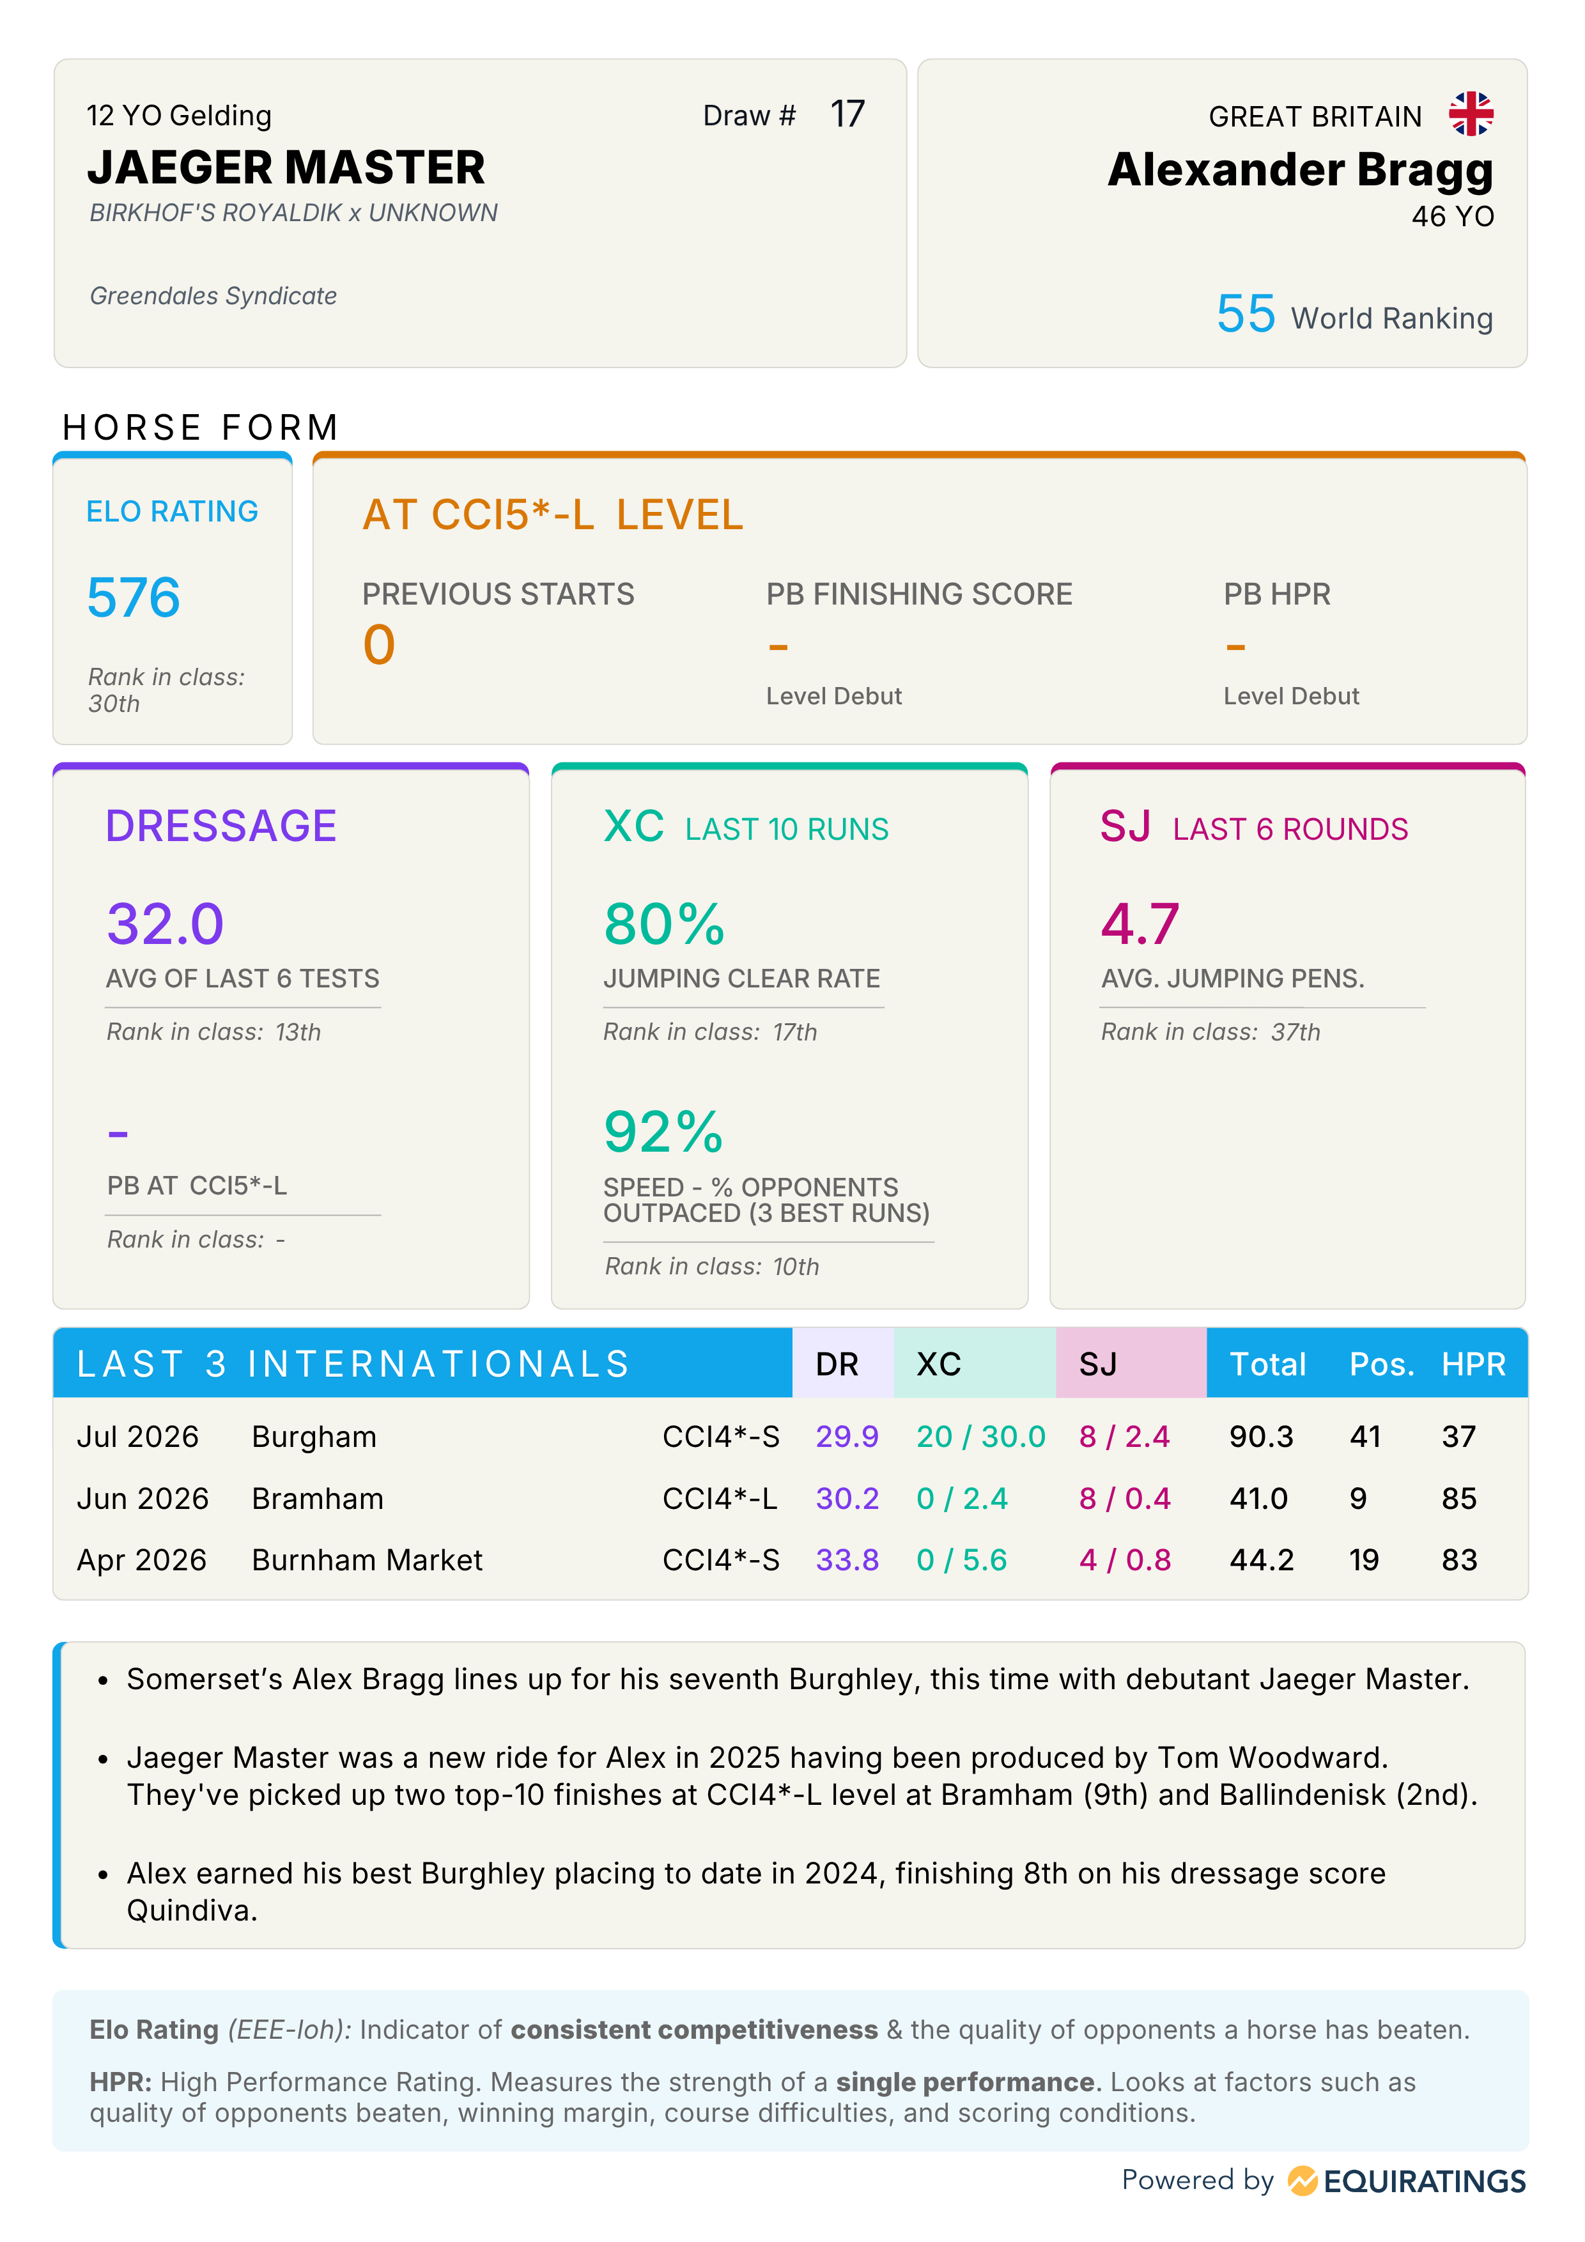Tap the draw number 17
[x=847, y=114]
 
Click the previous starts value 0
[x=379, y=646]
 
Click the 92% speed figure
[x=664, y=1132]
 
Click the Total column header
[x=1267, y=1364]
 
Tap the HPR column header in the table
[x=1474, y=1364]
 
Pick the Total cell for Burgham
[x=1261, y=1437]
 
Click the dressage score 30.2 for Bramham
[x=847, y=1498]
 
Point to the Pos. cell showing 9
[x=1358, y=1498]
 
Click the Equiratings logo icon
[x=1302, y=2181]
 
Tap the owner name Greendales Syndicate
[x=213, y=296]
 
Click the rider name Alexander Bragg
[x=1300, y=170]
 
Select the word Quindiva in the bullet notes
[x=191, y=1910]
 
